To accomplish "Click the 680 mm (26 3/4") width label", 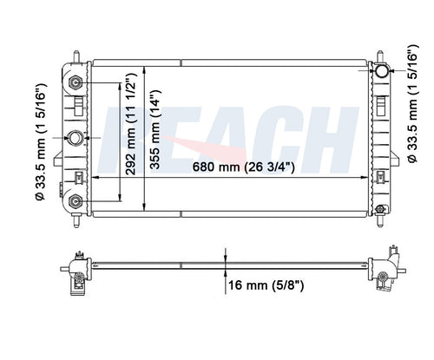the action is [x=244, y=167].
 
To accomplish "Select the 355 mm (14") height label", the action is [x=155, y=129].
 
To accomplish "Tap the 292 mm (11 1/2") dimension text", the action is [x=131, y=123].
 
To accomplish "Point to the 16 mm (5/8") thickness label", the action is [x=266, y=285].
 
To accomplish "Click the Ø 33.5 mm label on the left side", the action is [x=40, y=142].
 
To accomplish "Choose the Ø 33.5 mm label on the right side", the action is [x=412, y=103].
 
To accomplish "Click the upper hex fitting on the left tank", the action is [x=75, y=83].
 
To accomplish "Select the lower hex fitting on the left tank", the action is [x=75, y=201].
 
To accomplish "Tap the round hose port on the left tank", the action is [x=76, y=138].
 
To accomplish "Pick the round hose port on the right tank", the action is [x=382, y=70].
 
